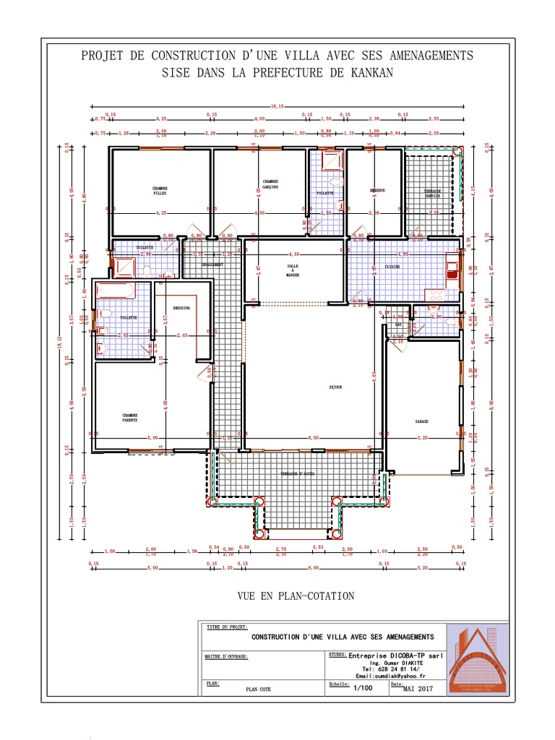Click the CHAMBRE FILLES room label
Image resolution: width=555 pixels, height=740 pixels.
159,191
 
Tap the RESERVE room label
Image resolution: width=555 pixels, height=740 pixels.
377,191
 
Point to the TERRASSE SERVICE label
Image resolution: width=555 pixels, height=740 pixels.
432,194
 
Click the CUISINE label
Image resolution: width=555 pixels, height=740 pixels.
392,267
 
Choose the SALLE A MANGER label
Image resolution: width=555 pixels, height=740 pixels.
292,270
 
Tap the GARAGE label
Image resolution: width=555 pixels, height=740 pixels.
422,421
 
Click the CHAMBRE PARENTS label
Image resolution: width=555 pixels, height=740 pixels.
130,417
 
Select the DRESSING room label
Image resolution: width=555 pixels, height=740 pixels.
181,308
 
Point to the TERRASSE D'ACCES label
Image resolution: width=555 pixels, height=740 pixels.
298,473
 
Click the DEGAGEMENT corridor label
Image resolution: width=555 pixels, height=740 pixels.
212,264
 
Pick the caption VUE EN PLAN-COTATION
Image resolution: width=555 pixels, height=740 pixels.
296,596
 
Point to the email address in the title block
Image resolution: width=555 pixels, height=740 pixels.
387,675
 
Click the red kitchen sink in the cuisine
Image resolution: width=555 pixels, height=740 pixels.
452,265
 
